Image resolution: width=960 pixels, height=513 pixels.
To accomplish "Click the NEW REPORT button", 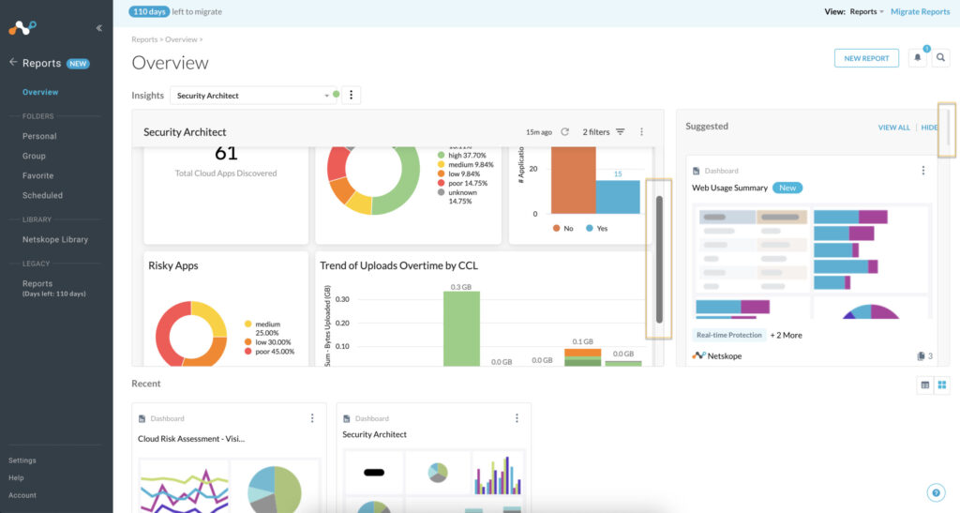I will [x=866, y=58].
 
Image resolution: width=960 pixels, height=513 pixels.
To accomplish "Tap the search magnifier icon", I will [x=941, y=58].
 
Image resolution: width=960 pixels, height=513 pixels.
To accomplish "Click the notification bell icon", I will [x=918, y=58].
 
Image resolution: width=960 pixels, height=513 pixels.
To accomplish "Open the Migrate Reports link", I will [x=920, y=12].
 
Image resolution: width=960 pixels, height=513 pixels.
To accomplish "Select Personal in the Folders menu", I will [x=39, y=136].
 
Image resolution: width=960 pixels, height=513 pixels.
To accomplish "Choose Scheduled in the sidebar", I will [x=42, y=195].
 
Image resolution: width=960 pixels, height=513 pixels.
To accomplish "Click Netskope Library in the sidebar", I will [x=55, y=239].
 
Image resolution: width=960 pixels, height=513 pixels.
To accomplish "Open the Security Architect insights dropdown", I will [x=253, y=96].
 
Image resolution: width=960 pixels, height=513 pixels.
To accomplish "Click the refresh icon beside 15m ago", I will [x=565, y=132].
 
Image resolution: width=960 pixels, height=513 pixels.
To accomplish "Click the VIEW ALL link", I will [x=893, y=128].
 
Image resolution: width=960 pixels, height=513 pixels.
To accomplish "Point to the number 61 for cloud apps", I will [x=226, y=153].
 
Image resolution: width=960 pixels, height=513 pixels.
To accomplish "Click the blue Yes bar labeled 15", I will [x=618, y=197].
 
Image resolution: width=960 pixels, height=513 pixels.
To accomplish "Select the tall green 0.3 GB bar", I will [x=461, y=328].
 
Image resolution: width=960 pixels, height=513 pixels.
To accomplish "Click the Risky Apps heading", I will [x=173, y=265].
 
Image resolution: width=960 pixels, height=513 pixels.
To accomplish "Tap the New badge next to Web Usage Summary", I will [x=787, y=188].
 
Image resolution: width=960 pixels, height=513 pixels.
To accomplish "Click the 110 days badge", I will [x=149, y=12].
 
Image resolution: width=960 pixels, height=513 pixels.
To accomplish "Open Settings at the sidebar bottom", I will [x=22, y=460].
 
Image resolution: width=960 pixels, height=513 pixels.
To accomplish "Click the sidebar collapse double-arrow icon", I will [x=99, y=28].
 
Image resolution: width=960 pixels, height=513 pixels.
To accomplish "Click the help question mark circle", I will [x=936, y=492].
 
